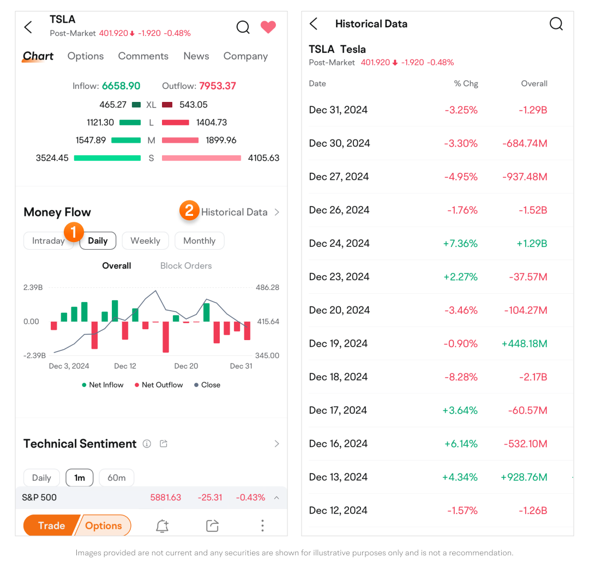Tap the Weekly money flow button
click(x=145, y=241)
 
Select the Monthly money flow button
click(x=199, y=241)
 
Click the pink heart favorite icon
click(x=268, y=27)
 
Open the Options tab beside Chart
click(x=86, y=56)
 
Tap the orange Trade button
click(x=51, y=525)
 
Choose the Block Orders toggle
click(x=186, y=266)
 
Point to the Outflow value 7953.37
click(x=217, y=86)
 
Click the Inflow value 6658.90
click(x=121, y=86)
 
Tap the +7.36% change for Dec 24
click(x=461, y=243)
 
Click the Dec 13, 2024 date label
click(x=338, y=477)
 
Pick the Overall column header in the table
click(x=534, y=83)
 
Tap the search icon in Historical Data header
click(x=556, y=24)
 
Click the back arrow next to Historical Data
click(x=314, y=24)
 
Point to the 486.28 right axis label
click(x=267, y=287)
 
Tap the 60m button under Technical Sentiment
click(x=116, y=478)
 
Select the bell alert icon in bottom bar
click(x=162, y=525)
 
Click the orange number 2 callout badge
click(x=189, y=210)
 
